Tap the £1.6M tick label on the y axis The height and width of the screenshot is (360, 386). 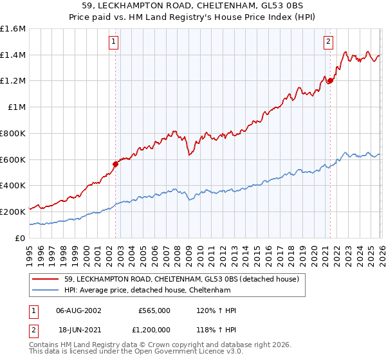13,29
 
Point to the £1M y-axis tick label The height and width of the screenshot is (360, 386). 16,107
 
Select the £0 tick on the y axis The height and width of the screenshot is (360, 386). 21,238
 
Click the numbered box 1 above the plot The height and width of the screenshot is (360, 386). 113,42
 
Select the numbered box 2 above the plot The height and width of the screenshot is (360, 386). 328,42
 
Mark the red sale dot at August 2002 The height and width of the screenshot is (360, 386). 116,164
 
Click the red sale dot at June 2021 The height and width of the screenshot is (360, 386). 330,81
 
